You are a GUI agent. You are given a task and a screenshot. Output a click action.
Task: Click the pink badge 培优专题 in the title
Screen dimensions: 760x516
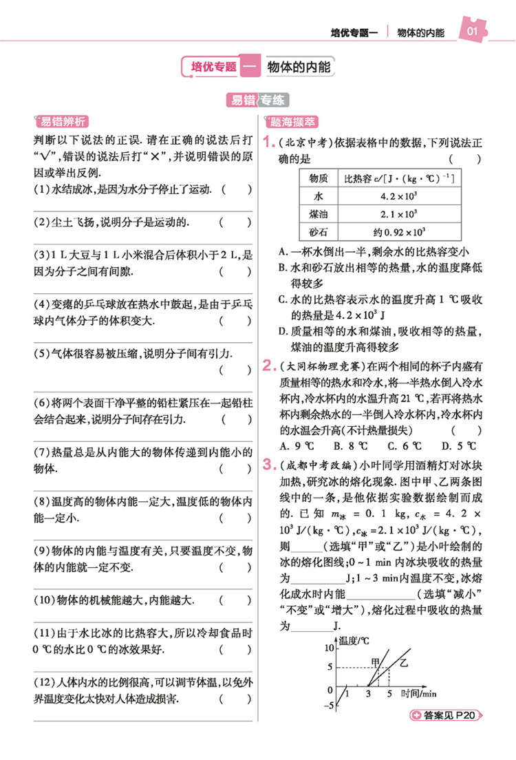tap(214, 67)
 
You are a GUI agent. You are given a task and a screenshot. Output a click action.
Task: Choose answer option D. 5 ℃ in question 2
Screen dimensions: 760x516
tap(455, 445)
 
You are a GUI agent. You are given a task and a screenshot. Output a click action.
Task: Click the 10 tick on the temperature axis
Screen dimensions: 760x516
tap(328, 648)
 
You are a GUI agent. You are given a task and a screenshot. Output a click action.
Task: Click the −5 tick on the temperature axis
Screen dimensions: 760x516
tap(327, 705)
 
